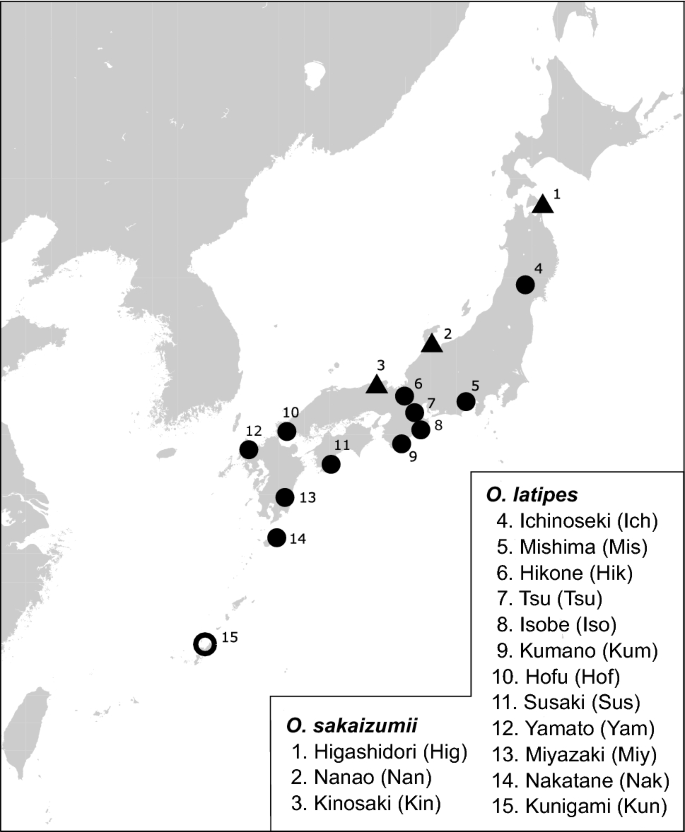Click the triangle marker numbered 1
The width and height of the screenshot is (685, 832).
pos(542,204)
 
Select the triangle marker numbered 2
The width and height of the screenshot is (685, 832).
pos(432,344)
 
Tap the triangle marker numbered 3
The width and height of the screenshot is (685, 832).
pos(377,384)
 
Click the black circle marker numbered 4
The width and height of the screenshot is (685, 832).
pos(525,285)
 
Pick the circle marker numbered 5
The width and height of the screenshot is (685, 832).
pos(466,402)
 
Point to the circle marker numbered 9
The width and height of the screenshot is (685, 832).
pos(402,443)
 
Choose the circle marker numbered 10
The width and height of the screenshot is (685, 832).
pos(287,431)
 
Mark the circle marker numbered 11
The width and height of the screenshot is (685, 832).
pos(331,464)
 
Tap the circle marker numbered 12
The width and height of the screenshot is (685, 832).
pos(249,450)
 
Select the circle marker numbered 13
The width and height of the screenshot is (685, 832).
pos(285,497)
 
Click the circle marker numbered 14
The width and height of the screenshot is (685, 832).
pos(277,537)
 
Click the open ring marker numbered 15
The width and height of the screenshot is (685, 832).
pos(204,644)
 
